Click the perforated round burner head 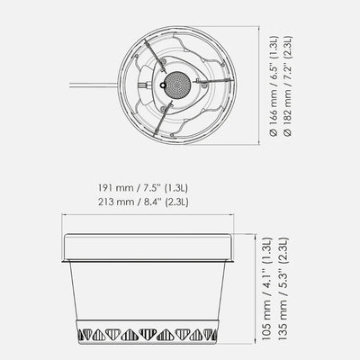point(177,85)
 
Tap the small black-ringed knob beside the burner point(163,85)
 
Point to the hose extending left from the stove point(94,85)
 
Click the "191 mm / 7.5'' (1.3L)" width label point(143,188)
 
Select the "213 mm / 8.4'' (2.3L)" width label point(143,202)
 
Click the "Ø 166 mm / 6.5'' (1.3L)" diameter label point(274,86)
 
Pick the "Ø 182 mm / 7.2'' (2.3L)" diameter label point(288,86)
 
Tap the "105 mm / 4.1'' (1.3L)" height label point(266,289)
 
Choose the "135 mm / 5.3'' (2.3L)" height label point(283,289)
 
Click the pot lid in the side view point(148,247)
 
